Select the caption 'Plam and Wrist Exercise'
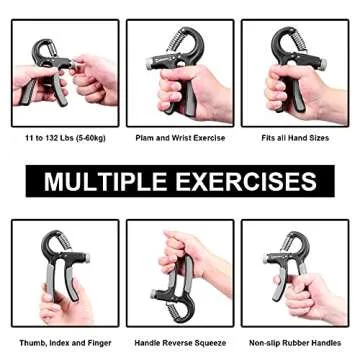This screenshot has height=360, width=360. (x=180, y=138)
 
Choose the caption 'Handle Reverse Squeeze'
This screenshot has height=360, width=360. (x=180, y=342)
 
